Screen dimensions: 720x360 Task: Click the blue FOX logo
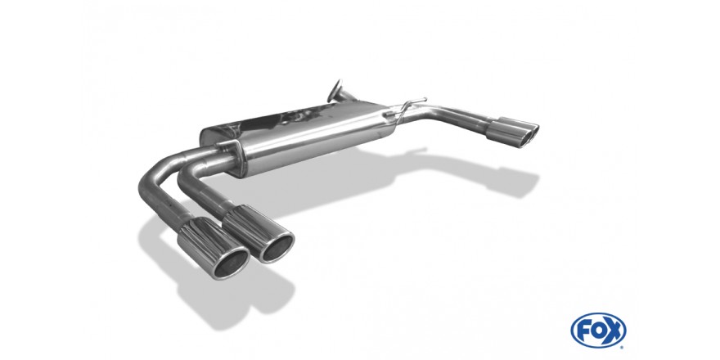pos(598,331)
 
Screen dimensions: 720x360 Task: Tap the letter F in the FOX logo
pos(583,331)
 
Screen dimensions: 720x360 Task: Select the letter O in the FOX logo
pos(598,331)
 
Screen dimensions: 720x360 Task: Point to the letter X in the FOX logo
pos(614,331)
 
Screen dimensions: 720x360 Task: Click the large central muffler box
pos(298,137)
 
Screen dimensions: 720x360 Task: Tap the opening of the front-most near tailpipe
pos(232,264)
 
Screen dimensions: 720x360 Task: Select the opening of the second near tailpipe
pos(277,249)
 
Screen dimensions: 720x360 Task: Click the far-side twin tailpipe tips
pos(512,133)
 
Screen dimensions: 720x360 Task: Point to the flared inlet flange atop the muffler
pos(336,92)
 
